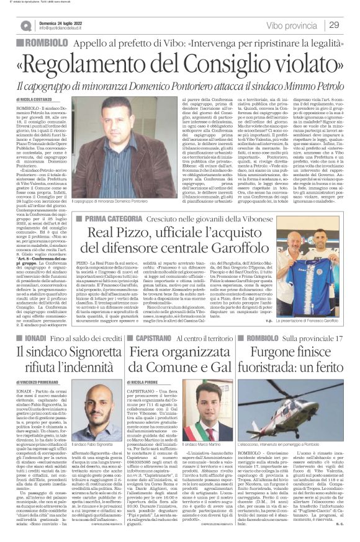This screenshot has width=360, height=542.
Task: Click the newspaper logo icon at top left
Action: click(26, 25)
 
